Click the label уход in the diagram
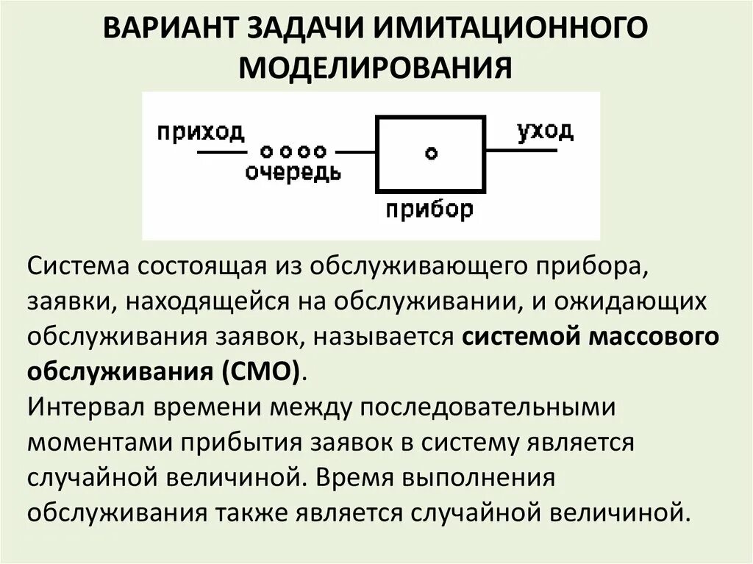[x=544, y=132]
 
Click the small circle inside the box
[x=431, y=153]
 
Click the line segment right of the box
[x=521, y=151]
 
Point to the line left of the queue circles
[x=221, y=152]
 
